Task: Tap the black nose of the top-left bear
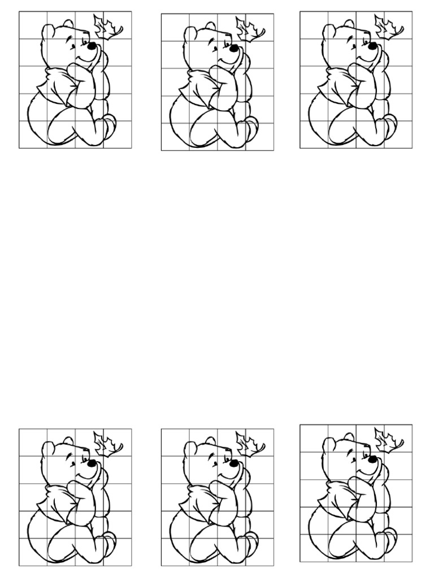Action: (90, 45)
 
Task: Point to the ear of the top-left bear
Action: (68, 25)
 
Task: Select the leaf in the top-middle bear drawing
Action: (249, 29)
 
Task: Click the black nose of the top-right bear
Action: (371, 45)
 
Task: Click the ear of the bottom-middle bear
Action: (210, 441)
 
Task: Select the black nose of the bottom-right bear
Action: (371, 458)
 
